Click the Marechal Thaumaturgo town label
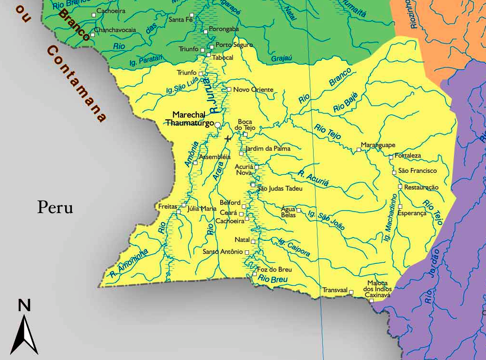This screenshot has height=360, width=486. click(x=189, y=119)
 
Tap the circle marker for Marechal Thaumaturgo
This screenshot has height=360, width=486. click(x=218, y=125)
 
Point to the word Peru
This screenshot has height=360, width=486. click(x=56, y=208)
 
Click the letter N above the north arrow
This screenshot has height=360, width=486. click(x=24, y=305)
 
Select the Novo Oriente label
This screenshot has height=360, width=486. click(x=253, y=90)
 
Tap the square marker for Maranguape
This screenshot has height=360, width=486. click(x=359, y=150)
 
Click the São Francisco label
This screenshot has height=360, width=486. click(x=418, y=171)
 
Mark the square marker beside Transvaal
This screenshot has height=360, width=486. click(x=351, y=292)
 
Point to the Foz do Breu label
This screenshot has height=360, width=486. click(x=274, y=270)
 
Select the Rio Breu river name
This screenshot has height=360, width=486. click(x=272, y=279)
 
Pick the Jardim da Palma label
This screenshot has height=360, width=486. click(x=268, y=149)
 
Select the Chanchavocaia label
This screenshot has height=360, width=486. click(x=115, y=30)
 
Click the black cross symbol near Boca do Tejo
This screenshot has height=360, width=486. click(x=228, y=139)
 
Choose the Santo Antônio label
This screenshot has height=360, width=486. click(x=223, y=252)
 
